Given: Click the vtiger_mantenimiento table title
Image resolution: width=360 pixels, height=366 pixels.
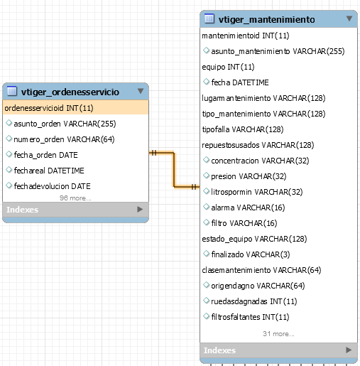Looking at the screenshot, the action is pyautogui.click(x=267, y=19).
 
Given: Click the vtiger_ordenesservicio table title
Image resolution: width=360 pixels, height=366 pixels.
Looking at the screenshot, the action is pyautogui.click(x=70, y=92).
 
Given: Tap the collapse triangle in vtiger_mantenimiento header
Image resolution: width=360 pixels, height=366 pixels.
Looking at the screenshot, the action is pyautogui.click(x=349, y=18).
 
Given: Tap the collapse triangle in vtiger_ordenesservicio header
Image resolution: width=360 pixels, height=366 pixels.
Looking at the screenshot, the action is pyautogui.click(x=141, y=91).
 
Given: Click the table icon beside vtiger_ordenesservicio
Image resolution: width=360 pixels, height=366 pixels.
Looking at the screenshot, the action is pyautogui.click(x=12, y=91).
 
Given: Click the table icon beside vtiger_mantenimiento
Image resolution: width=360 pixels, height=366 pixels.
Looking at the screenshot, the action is pyautogui.click(x=209, y=18).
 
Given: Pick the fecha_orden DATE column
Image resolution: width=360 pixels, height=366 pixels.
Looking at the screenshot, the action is pyautogui.click(x=45, y=155).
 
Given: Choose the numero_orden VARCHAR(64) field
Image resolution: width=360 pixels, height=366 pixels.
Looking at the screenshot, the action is pyautogui.click(x=64, y=139).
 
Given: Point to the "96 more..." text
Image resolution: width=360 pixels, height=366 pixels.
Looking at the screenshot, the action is pyautogui.click(x=75, y=198).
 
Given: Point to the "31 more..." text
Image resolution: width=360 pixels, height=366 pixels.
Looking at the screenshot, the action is pyautogui.click(x=278, y=334).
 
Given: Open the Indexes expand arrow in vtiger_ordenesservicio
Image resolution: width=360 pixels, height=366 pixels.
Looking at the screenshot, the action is pyautogui.click(x=140, y=210).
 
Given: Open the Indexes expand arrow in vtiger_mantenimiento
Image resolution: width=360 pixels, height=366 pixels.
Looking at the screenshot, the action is pyautogui.click(x=349, y=350).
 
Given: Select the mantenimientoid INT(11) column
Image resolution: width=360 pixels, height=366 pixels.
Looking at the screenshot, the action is pyautogui.click(x=246, y=36).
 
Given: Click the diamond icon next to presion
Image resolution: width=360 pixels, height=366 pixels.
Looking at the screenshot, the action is pyautogui.click(x=207, y=176).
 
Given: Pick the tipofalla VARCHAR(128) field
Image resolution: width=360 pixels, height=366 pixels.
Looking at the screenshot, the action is pyautogui.click(x=243, y=129).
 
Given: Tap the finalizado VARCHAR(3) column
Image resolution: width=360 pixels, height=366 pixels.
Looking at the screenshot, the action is pyautogui.click(x=251, y=254).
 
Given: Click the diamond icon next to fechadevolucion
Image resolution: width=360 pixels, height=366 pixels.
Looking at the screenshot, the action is pyautogui.click(x=9, y=185).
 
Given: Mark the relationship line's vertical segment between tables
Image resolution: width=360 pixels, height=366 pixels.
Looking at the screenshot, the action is pyautogui.click(x=174, y=170).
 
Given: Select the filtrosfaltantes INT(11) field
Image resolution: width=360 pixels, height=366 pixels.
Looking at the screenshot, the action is pyautogui.click(x=250, y=317).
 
